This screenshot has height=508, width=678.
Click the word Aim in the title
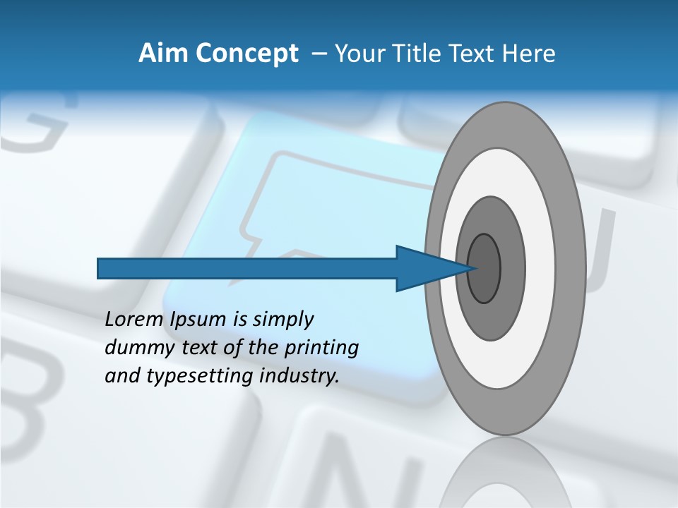click(163, 54)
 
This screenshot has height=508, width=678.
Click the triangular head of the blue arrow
click(424, 268)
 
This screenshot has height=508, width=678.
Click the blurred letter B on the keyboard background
click(28, 402)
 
